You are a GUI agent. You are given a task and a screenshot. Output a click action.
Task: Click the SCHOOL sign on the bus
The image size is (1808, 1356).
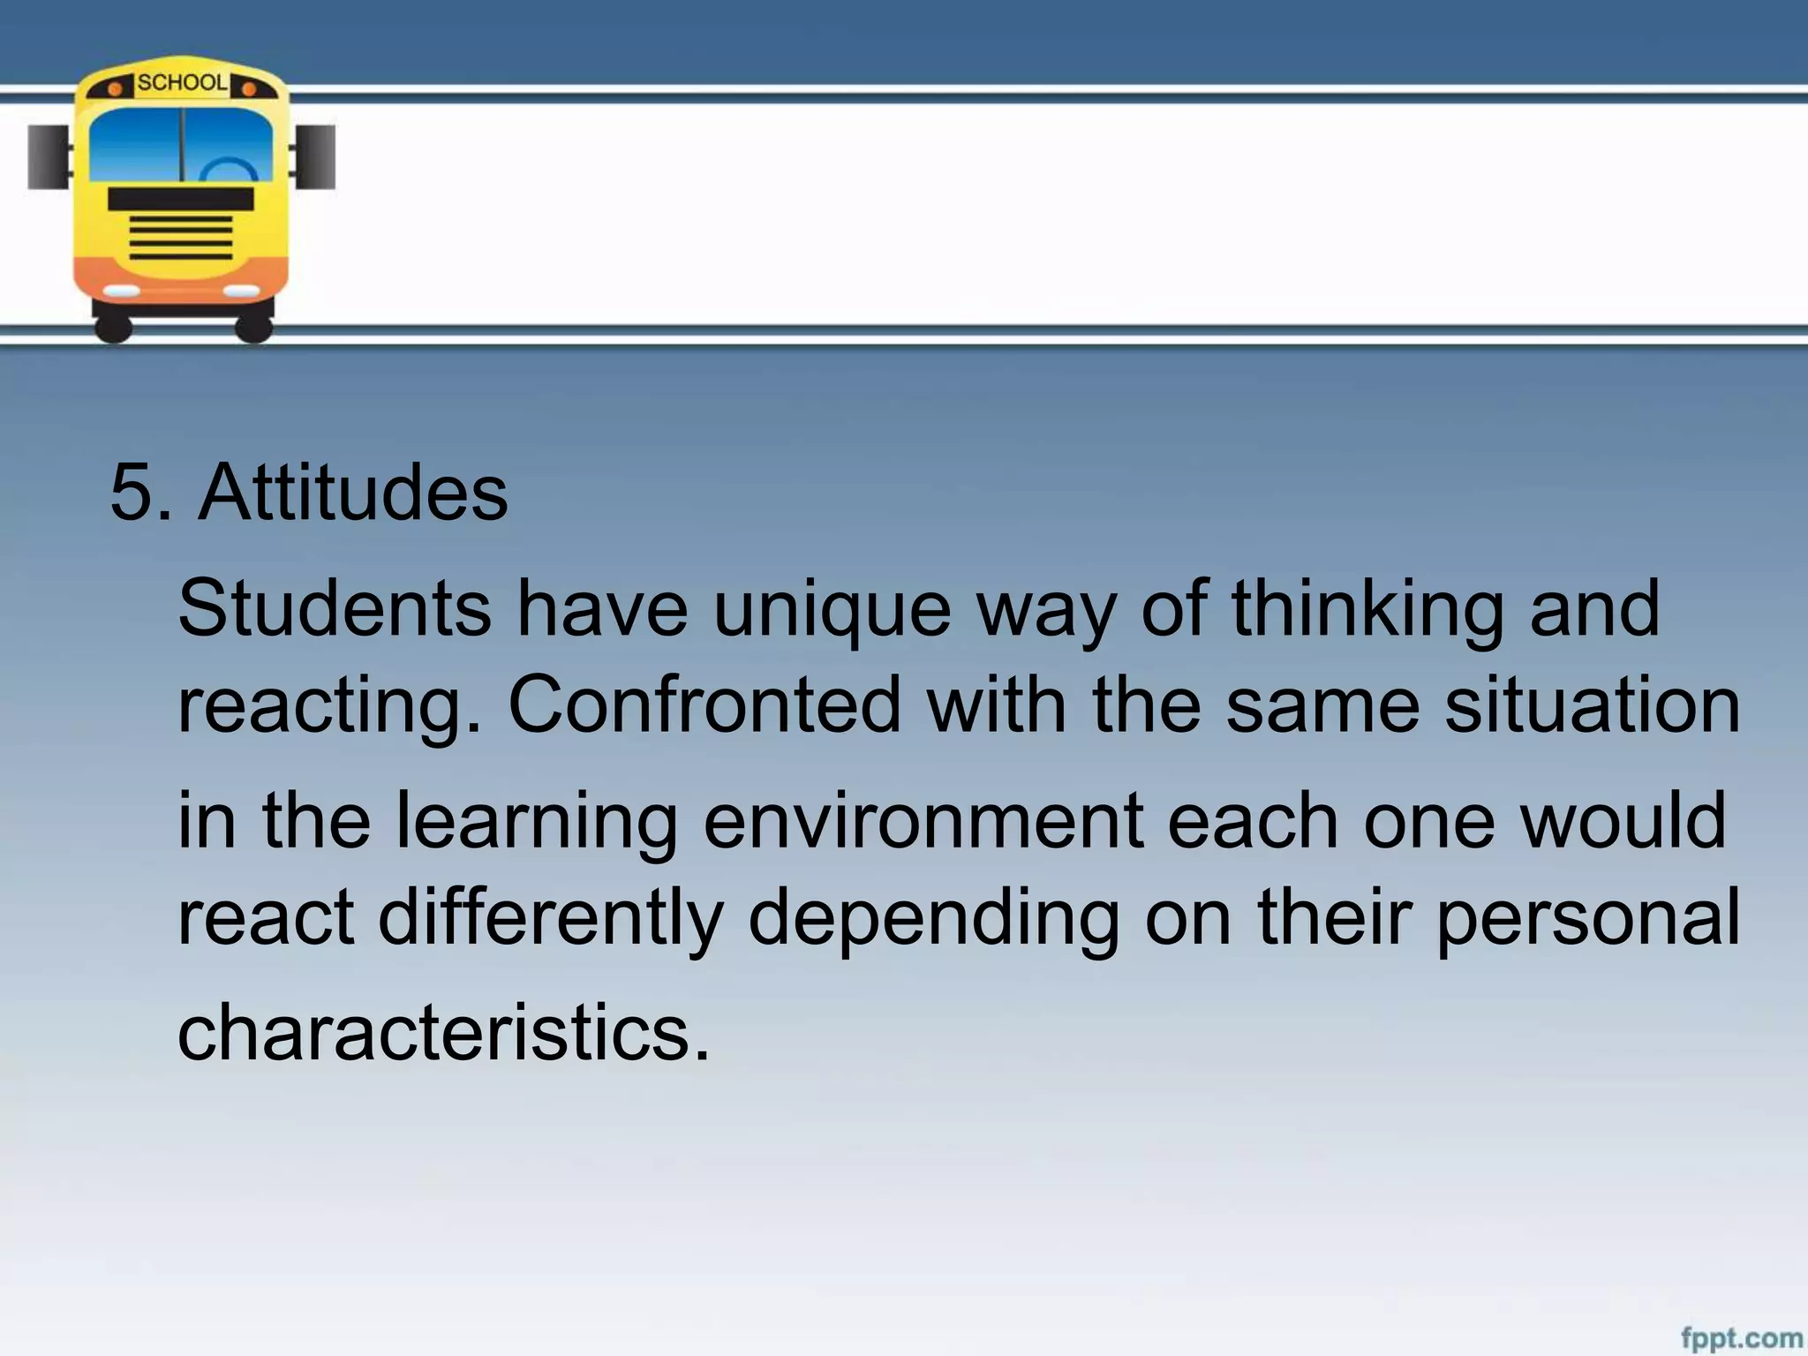182,83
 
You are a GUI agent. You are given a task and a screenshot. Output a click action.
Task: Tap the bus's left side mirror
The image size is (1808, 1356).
48,157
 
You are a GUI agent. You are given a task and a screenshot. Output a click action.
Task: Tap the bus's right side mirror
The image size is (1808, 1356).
317,157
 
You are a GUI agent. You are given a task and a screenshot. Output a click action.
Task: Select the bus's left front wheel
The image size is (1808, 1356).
113,328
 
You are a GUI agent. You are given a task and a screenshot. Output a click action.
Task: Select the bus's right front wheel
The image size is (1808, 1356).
253,328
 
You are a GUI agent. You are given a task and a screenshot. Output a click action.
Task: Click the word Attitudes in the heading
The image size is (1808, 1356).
353,493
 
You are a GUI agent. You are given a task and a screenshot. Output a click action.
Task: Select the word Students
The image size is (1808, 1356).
335,608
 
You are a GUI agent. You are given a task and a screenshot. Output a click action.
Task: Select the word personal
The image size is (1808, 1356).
1588,918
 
